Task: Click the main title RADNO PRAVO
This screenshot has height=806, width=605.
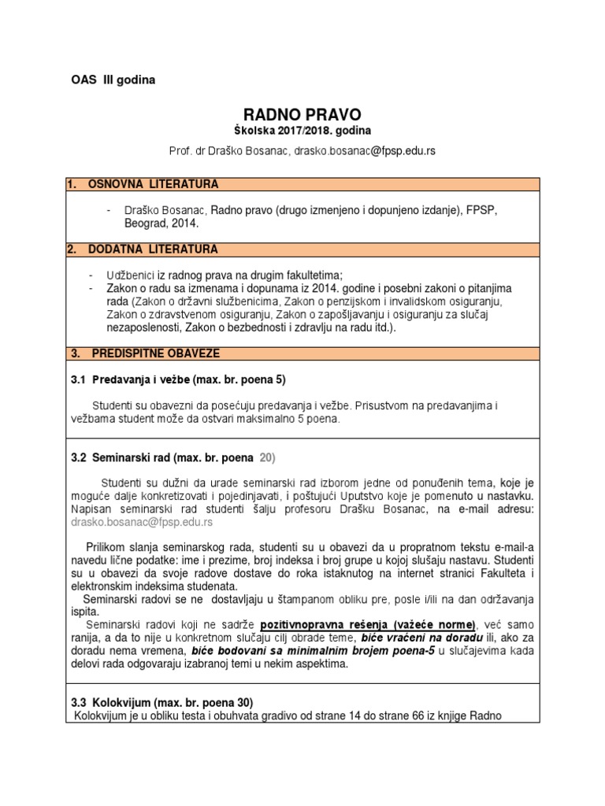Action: tap(302, 115)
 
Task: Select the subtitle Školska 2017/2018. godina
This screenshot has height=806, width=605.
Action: tap(302, 130)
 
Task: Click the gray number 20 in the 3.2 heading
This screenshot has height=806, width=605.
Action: tap(267, 457)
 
